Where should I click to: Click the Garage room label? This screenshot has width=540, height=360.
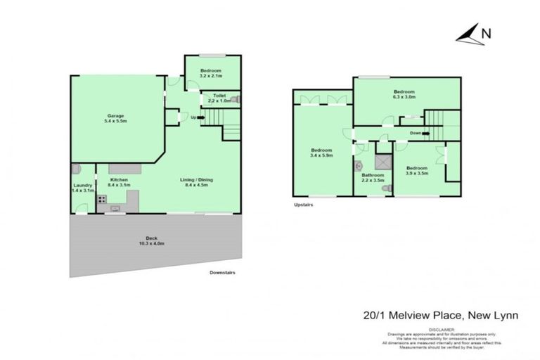pos(117,115)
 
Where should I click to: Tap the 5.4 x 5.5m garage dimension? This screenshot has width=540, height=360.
pos(117,122)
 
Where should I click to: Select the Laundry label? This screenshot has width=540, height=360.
pos(83,185)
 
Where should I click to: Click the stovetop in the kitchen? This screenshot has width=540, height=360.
pos(101,199)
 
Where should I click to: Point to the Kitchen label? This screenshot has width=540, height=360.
pos(117,180)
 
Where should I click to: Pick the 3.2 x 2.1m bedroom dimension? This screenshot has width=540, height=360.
pos(211,75)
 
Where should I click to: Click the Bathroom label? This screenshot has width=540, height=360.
pos(373,175)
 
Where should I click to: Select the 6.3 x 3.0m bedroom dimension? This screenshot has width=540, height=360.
pos(404,98)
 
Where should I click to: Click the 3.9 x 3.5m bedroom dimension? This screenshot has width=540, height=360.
pos(417,173)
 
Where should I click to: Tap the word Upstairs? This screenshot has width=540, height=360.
pos(303,205)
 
